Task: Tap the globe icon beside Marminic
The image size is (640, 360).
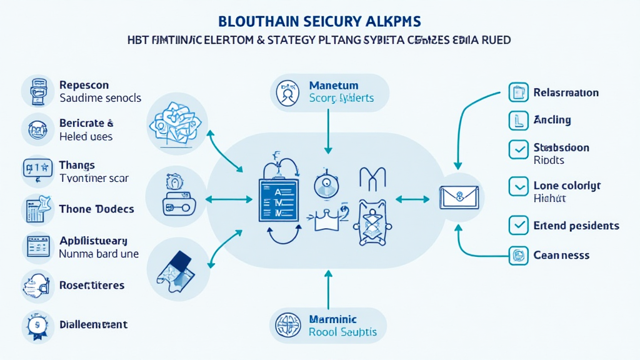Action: [289, 326]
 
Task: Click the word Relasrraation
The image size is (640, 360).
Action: [566, 92]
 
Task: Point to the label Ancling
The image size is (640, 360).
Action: [552, 120]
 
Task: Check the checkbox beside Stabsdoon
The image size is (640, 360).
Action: [518, 149]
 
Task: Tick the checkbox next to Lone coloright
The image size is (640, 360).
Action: [518, 186]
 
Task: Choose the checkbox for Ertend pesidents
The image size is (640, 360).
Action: [518, 225]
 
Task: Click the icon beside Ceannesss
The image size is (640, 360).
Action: [518, 255]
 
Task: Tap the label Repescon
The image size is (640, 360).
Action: [84, 85]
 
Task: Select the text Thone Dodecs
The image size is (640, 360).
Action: [96, 209]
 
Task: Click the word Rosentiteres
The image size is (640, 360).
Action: [91, 285]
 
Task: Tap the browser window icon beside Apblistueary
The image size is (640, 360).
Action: [37, 247]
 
